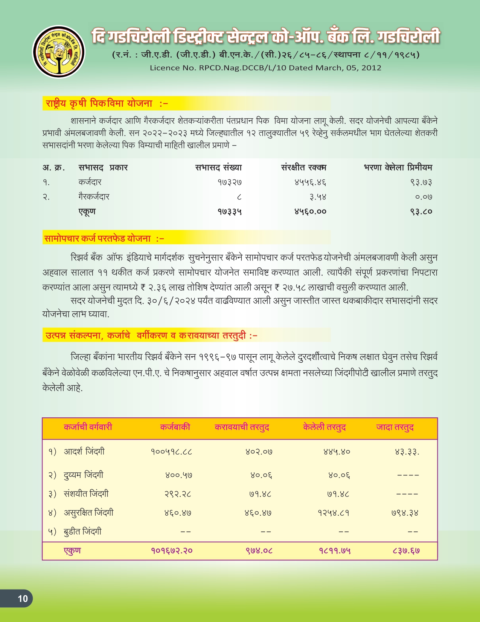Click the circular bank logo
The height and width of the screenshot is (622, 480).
[59, 52]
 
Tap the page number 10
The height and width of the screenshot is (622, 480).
[23, 598]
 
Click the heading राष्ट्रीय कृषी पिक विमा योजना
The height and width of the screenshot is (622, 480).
[99, 103]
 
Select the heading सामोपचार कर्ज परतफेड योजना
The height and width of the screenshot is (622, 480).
[98, 239]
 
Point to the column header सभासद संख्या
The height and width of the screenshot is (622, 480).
[218, 167]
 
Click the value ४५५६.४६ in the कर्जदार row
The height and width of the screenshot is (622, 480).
[310, 182]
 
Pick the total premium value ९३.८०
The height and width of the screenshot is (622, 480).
[421, 211]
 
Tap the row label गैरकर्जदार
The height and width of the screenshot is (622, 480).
[94, 197]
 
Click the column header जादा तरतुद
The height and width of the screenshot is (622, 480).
[395, 427]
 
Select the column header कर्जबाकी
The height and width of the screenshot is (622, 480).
[175, 427]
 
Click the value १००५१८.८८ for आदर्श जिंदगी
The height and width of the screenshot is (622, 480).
[171, 452]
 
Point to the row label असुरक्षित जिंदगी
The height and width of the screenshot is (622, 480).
[88, 513]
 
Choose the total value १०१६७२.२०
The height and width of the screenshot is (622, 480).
[172, 551]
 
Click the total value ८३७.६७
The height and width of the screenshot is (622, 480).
[406, 551]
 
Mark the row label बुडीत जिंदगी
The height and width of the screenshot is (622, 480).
[82, 532]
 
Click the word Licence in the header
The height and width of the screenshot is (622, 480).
[165, 68]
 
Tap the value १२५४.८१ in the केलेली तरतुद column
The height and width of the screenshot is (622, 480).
[334, 513]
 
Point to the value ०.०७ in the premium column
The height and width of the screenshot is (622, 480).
[424, 197]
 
